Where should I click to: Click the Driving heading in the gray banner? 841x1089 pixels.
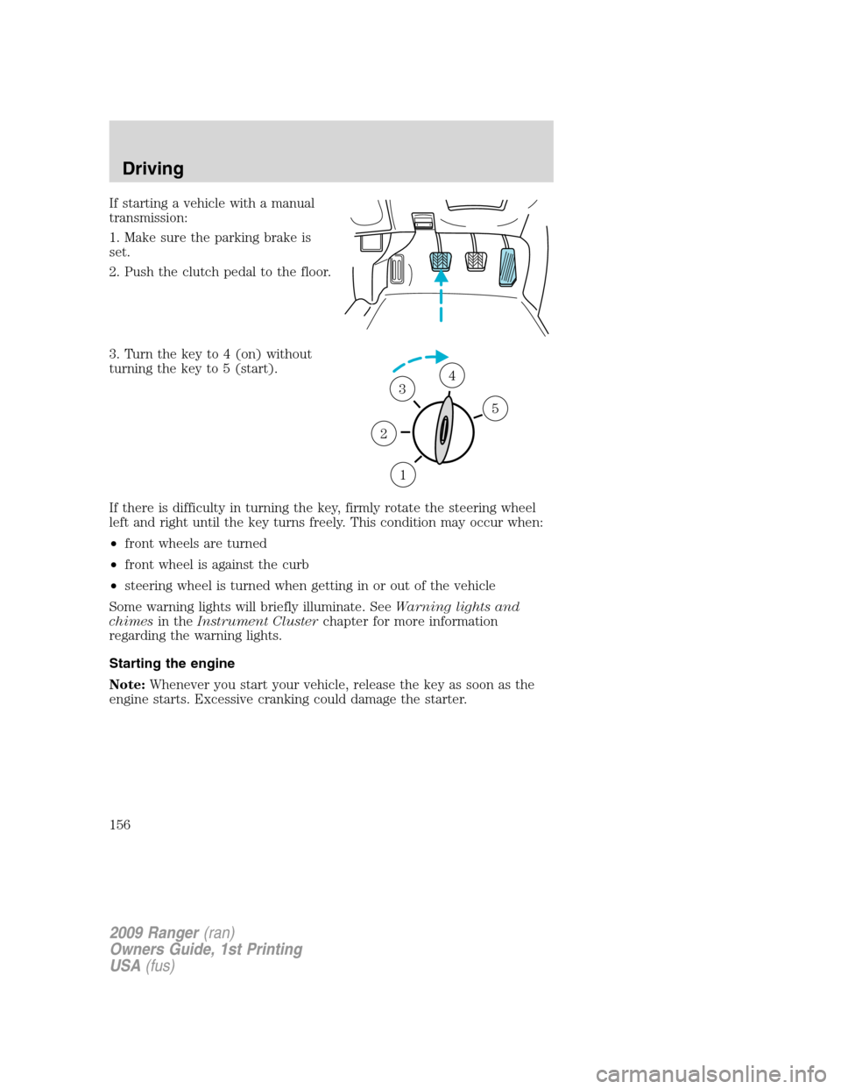click(152, 168)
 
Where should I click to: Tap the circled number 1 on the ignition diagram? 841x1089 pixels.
click(402, 474)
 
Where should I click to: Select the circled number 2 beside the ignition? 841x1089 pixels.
click(383, 433)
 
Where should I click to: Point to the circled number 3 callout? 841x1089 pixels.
click(402, 388)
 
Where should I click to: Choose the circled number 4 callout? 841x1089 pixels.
click(452, 375)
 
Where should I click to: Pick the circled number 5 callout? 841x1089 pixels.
click(495, 409)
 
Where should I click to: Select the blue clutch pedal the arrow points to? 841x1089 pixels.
click(441, 260)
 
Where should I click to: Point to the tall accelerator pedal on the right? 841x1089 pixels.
click(507, 267)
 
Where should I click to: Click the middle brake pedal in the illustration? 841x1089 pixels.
click(476, 260)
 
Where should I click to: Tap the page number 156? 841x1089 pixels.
click(120, 824)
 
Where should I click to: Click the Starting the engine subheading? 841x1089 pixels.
click(172, 664)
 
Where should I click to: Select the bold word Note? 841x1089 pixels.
click(128, 685)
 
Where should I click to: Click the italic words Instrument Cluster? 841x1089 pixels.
click(257, 622)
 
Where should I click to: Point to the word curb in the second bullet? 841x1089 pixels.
click(295, 565)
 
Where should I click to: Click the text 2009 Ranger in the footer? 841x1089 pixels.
click(154, 933)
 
